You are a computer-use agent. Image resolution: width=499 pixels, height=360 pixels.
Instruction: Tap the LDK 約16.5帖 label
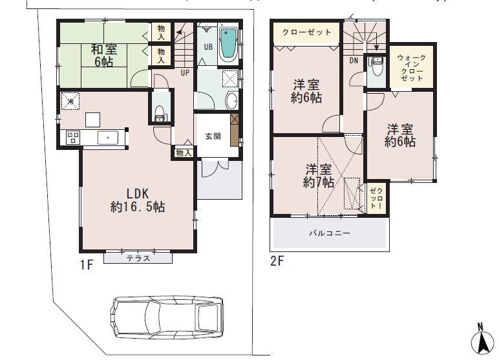coord(136,200)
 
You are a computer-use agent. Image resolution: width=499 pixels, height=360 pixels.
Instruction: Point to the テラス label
coord(138,258)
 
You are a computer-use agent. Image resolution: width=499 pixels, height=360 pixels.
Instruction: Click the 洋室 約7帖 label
coord(320,176)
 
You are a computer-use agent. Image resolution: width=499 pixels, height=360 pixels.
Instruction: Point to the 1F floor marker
coord(88,264)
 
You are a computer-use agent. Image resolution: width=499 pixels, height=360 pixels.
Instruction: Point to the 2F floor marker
coord(277,261)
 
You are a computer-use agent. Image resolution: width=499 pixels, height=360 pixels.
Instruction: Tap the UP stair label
coord(185,72)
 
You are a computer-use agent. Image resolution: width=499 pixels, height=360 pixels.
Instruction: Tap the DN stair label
coord(354,60)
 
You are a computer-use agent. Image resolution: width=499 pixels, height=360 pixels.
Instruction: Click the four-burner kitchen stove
coord(72,137)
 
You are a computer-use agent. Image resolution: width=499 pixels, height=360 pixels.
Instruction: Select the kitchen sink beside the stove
coord(106,137)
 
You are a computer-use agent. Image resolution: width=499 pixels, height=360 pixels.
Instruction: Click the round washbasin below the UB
coord(231,101)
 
